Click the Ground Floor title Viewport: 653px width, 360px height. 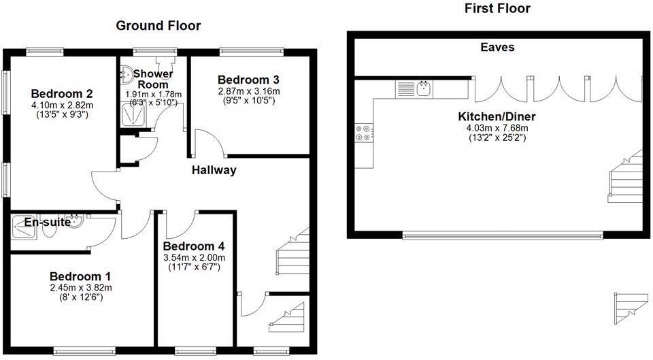point(158,26)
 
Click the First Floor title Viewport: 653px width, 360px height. point(497,9)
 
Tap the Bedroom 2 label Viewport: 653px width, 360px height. point(61,94)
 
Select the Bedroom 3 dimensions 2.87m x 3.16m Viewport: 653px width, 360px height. point(248,91)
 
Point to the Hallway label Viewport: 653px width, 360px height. point(214,170)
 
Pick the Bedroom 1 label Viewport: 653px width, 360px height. point(80,277)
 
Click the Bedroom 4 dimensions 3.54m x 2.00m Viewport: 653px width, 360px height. point(194,257)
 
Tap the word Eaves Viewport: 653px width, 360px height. point(497,47)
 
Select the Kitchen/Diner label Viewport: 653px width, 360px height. point(497,116)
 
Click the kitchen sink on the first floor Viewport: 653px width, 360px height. point(424,88)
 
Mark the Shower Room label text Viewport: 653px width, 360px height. point(153,79)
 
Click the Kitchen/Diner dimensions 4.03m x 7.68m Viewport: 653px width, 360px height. point(497,127)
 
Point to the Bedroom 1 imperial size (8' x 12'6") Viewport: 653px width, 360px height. point(80,297)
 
